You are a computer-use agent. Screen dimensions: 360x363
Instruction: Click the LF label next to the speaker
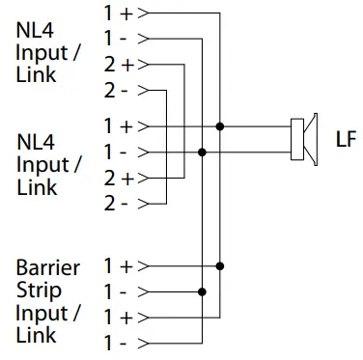click(x=345, y=139)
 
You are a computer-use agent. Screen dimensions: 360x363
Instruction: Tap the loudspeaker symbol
click(x=303, y=139)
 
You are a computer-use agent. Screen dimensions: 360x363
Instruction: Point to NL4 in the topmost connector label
click(x=35, y=29)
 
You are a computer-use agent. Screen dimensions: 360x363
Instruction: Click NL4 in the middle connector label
click(x=35, y=141)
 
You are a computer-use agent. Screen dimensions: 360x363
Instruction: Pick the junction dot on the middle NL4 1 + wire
click(x=221, y=126)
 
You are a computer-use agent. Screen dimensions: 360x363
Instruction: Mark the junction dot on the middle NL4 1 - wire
click(x=202, y=152)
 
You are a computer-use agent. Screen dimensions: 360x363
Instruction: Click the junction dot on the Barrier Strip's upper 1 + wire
click(x=221, y=265)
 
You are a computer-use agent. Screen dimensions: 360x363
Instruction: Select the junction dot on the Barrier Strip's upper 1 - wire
click(x=202, y=291)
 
